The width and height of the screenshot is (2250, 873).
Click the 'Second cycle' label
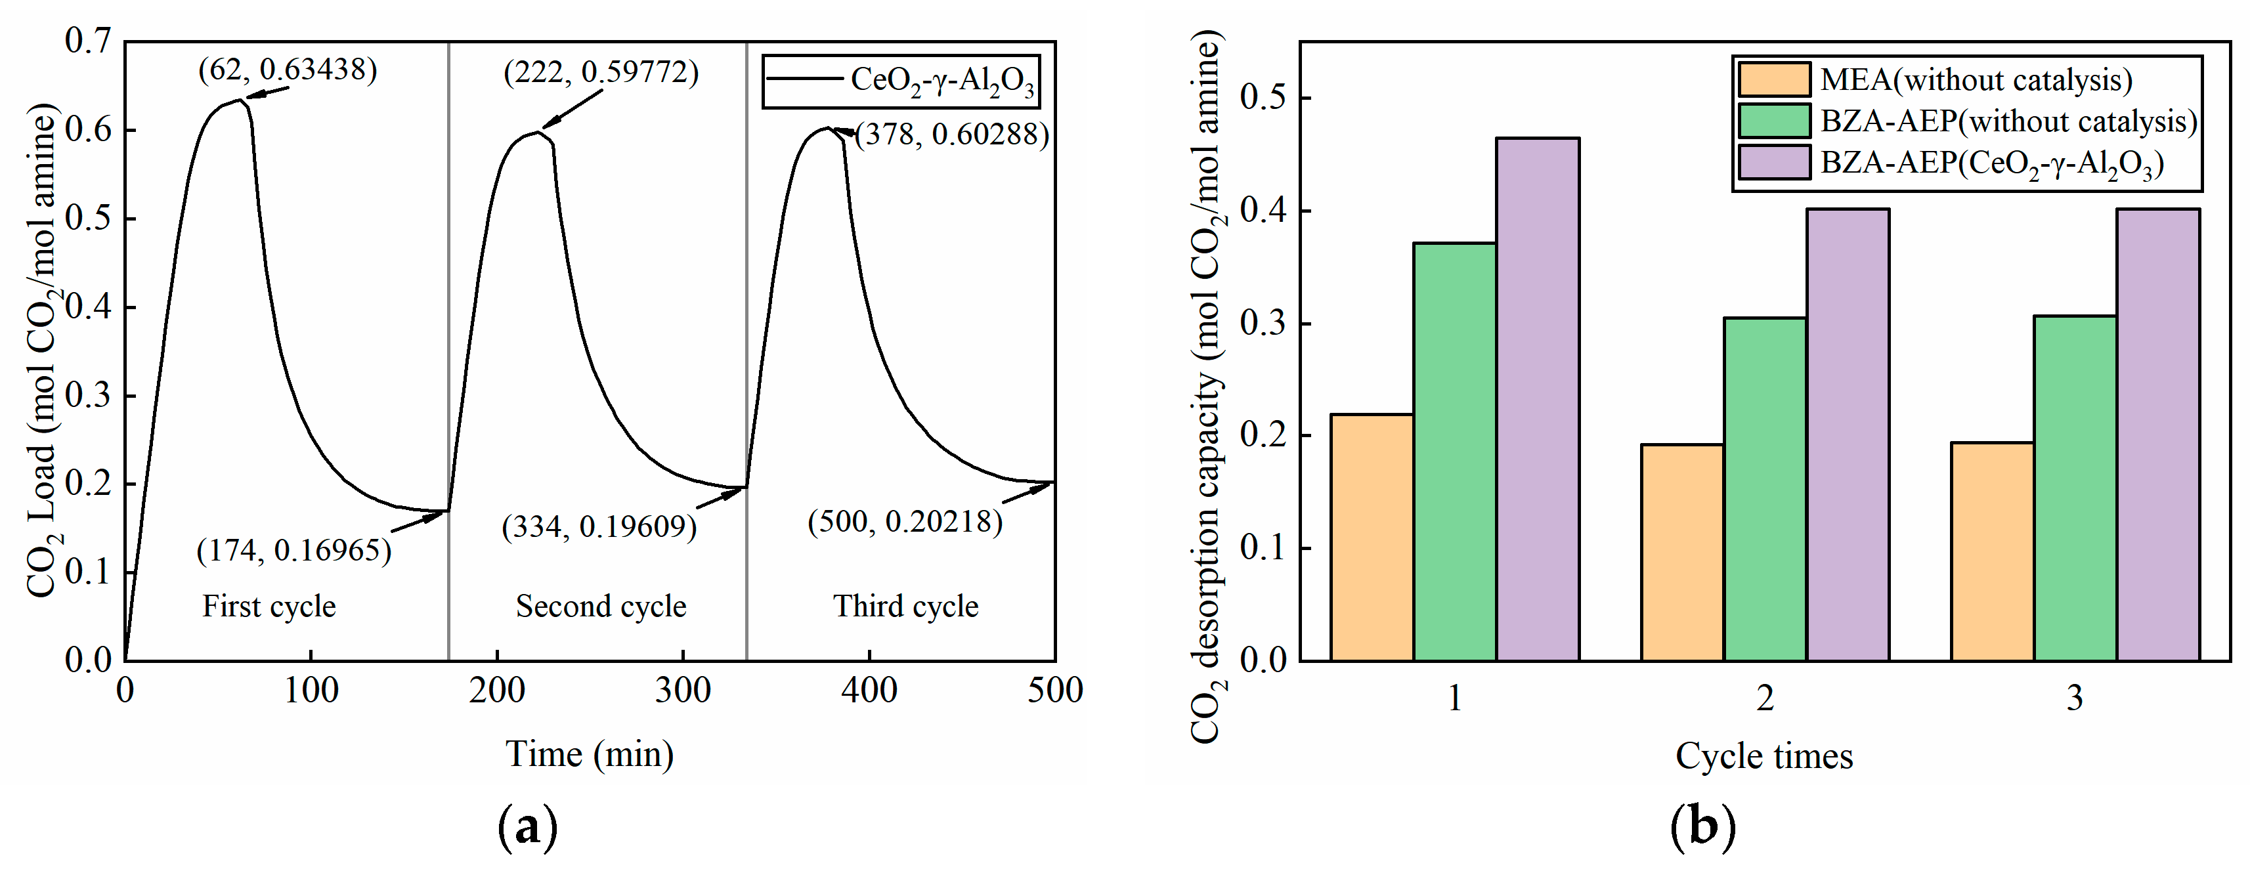[601, 606]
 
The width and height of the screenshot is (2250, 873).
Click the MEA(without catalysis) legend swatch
[1773, 79]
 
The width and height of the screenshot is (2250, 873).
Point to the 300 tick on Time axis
[683, 691]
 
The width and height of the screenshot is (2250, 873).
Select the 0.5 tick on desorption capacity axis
[1263, 97]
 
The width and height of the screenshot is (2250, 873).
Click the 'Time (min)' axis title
[590, 754]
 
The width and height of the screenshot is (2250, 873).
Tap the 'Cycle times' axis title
[1763, 756]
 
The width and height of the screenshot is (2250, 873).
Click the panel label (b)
[1702, 826]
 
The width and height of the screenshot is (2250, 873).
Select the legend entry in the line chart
[901, 80]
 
